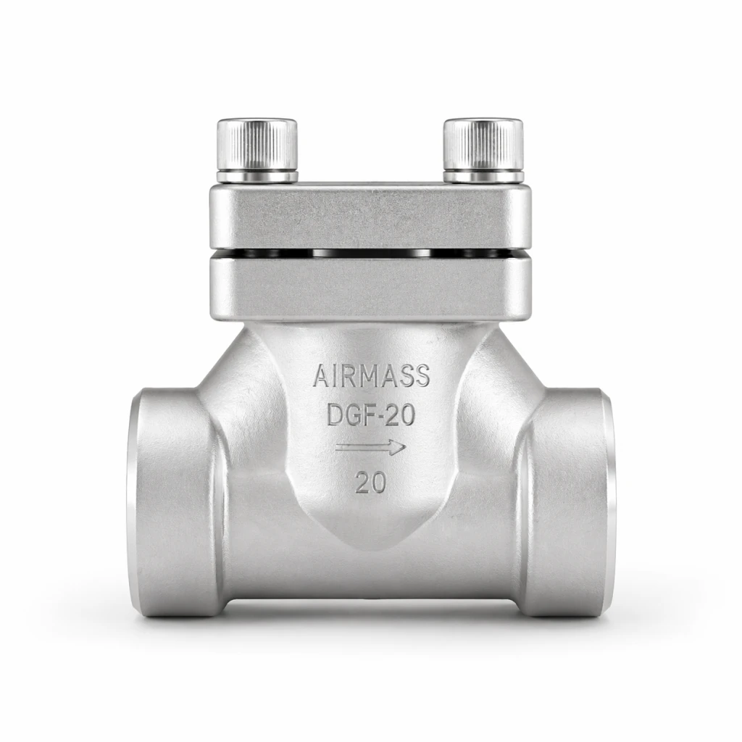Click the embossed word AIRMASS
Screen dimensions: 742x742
point(372,376)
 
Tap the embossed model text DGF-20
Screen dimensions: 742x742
point(371,414)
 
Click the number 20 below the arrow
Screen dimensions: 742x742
point(371,483)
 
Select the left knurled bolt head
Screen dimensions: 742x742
point(257,144)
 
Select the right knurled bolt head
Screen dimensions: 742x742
point(483,144)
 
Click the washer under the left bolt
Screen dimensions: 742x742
point(257,177)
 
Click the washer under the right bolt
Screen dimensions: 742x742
point(483,177)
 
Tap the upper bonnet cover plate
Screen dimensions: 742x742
point(370,216)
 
